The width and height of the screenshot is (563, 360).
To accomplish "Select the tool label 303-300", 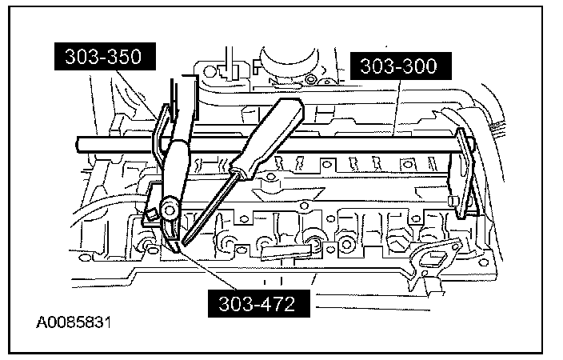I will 398,66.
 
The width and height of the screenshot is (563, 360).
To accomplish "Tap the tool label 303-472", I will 255,304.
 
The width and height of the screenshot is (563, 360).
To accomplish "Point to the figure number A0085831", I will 73,324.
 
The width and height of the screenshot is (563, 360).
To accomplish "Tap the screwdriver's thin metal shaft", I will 210,203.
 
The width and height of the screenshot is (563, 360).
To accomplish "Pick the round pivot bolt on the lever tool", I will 169,209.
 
